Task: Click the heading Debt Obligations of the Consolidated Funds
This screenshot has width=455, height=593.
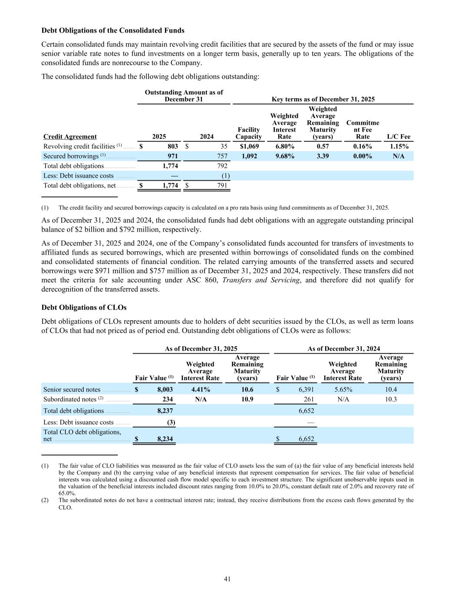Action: pyautogui.click(x=113, y=30)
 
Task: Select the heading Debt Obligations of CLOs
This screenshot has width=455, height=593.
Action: pyautogui.click(x=84, y=308)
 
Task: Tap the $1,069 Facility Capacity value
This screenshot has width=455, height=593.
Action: pyautogui.click(x=249, y=146)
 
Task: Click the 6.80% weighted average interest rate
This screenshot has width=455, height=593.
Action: pyautogui.click(x=284, y=146)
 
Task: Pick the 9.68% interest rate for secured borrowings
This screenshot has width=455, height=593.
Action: pyautogui.click(x=284, y=156)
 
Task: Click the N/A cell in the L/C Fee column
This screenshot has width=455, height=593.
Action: pyautogui.click(x=399, y=156)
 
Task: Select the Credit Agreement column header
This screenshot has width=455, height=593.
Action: pyautogui.click(x=70, y=136)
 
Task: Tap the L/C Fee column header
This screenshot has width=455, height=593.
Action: pyautogui.click(x=399, y=136)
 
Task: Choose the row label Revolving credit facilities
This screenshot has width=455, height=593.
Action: pyautogui.click(x=79, y=146)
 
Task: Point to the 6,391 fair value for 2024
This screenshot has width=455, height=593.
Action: pyautogui.click(x=306, y=390)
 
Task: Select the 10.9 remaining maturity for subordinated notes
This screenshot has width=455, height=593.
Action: pyautogui.click(x=247, y=399)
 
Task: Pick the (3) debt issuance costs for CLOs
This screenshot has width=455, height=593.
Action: pyautogui.click(x=171, y=422)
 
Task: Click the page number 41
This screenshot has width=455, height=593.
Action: pyautogui.click(x=227, y=579)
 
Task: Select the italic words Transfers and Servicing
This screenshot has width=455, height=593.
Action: pyautogui.click(x=260, y=280)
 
